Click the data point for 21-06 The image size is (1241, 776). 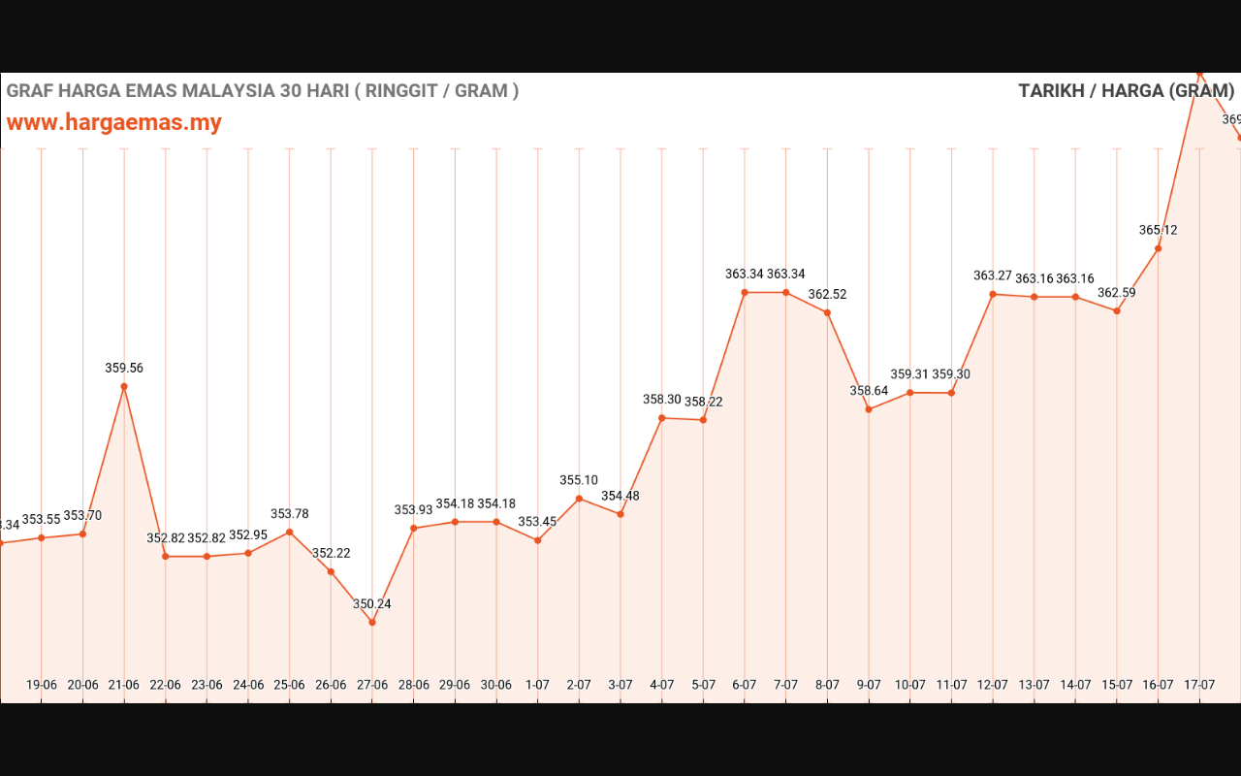(124, 386)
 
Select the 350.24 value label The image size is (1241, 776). (372, 604)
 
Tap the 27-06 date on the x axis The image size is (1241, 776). (372, 685)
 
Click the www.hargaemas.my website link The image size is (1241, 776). (114, 122)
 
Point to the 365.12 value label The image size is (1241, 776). (1159, 231)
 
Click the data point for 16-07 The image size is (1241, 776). (1159, 248)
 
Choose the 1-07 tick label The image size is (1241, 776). (538, 685)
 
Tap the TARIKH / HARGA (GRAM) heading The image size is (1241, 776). (1126, 91)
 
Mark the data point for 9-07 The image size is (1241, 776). (869, 409)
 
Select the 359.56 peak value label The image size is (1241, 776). (124, 369)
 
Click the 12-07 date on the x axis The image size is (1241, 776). (993, 685)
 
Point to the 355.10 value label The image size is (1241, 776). (579, 481)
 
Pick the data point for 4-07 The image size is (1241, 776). (662, 418)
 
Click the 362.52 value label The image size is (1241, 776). (827, 295)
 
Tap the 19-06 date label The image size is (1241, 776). (42, 685)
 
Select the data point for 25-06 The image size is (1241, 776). (289, 532)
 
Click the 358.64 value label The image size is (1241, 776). (869, 392)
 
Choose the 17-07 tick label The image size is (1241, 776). (1199, 685)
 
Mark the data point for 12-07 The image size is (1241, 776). (993, 294)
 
